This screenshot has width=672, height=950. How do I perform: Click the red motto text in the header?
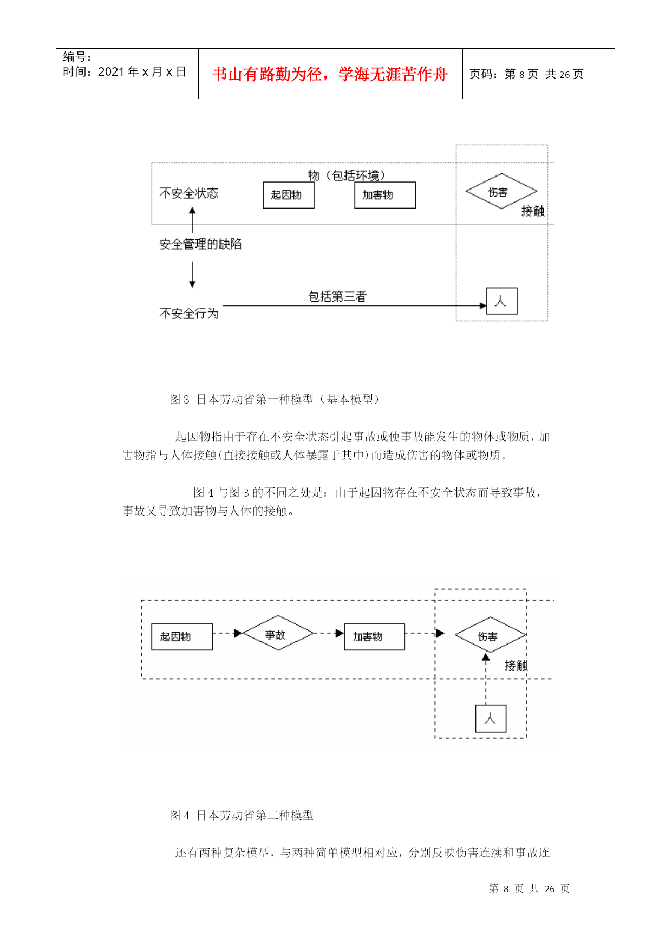tap(330, 74)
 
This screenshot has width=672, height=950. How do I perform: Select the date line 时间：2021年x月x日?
tap(125, 72)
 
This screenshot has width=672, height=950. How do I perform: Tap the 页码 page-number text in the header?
tap(526, 74)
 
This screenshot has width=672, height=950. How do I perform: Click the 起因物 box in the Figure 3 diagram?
tap(289, 195)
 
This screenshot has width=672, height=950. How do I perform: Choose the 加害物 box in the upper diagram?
tap(385, 195)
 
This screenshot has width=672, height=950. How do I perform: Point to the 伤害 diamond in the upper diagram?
tap(501, 191)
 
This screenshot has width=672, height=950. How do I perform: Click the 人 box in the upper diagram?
tap(502, 301)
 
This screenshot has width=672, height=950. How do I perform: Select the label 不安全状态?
tap(189, 193)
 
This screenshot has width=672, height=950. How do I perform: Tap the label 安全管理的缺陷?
tap(200, 244)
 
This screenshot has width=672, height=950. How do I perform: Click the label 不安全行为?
tap(189, 314)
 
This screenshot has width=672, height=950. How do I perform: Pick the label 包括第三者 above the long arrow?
tap(337, 296)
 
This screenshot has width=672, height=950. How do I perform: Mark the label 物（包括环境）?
tap(347, 175)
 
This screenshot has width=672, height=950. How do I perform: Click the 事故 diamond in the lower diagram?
tap(278, 633)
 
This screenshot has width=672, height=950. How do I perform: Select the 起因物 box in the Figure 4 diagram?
tap(182, 637)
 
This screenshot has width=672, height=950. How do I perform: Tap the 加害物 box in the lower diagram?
tap(375, 637)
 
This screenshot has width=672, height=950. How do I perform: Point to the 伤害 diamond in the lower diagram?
tap(490, 635)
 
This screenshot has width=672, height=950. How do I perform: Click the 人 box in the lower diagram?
tap(491, 719)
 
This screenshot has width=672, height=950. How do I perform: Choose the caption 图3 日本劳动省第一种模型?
tap(276, 399)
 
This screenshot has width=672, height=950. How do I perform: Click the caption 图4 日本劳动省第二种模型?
tap(242, 815)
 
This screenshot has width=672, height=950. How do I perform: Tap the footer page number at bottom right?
tap(529, 888)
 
